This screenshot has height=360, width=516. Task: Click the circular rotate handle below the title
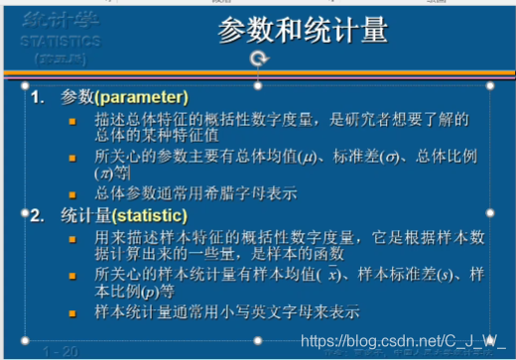tap(259, 60)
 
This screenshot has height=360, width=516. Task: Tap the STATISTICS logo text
tap(59, 42)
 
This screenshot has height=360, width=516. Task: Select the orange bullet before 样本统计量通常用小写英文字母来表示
tap(71, 313)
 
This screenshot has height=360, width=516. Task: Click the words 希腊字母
tap(231, 193)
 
